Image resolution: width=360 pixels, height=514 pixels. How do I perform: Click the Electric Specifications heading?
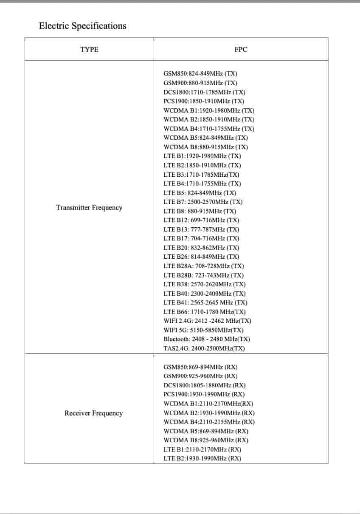pyautogui.click(x=82, y=26)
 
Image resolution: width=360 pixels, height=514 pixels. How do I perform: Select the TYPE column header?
pyautogui.click(x=89, y=49)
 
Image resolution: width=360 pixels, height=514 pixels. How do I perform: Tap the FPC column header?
pyautogui.click(x=241, y=49)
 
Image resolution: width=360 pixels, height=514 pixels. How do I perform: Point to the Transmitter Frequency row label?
pyautogui.click(x=89, y=208)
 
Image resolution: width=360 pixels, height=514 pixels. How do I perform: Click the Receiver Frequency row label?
pyautogui.click(x=93, y=413)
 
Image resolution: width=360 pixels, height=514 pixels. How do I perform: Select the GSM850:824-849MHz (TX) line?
pyautogui.click(x=200, y=74)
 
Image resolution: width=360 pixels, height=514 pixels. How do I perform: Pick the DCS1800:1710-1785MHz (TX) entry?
pyautogui.click(x=204, y=92)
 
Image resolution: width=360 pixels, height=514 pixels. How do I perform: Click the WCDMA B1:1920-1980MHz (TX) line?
pyautogui.click(x=209, y=110)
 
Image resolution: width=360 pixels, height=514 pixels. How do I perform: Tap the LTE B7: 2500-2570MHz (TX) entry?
pyautogui.click(x=203, y=202)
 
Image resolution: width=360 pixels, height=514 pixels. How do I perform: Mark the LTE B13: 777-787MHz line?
pyautogui.click(x=201, y=229)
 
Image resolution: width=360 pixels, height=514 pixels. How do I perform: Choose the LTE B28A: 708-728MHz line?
pyautogui.click(x=204, y=266)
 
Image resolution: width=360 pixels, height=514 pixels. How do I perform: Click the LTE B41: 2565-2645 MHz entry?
pyautogui.click(x=205, y=302)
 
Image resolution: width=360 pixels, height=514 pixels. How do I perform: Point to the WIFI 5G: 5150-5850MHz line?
pyautogui.click(x=203, y=330)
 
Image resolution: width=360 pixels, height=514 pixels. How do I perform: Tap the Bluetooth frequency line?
pyautogui.click(x=207, y=339)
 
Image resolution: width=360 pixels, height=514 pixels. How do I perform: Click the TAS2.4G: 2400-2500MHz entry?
pyautogui.click(x=204, y=348)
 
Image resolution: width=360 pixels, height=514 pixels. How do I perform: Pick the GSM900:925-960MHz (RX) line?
pyautogui.click(x=200, y=376)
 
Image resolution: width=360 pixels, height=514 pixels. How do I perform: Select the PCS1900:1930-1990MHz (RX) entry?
pyautogui.click(x=204, y=394)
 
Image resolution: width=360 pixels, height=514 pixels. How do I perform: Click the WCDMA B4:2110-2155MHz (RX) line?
pyautogui.click(x=209, y=422)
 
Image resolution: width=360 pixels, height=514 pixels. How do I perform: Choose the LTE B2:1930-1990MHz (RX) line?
pyautogui.click(x=202, y=458)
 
